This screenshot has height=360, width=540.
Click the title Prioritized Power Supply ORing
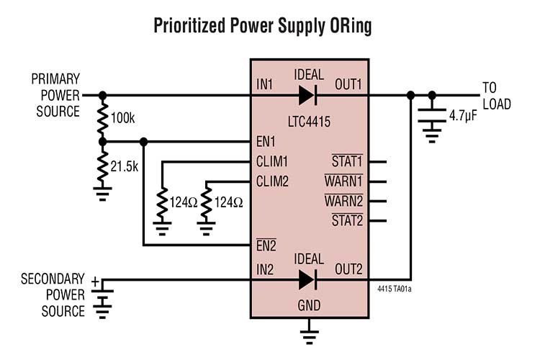coord(270,27)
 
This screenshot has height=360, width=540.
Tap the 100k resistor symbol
coord(102,118)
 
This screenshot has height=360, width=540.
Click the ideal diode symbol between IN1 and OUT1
coord(307,94)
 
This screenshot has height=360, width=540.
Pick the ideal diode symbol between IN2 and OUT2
coord(307,279)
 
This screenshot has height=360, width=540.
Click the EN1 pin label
coord(266,141)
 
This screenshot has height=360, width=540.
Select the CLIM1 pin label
coord(272,162)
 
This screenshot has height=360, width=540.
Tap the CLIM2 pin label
coord(272,181)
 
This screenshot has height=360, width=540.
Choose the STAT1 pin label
coord(346,162)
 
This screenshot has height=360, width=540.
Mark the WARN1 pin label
coord(343,181)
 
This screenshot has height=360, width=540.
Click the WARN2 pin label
coord(343,201)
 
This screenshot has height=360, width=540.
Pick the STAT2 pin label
coord(346,220)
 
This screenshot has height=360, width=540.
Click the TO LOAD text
coord(496,96)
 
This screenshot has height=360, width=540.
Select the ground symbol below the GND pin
coord(310,334)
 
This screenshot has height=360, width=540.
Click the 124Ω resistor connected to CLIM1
coord(163,203)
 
